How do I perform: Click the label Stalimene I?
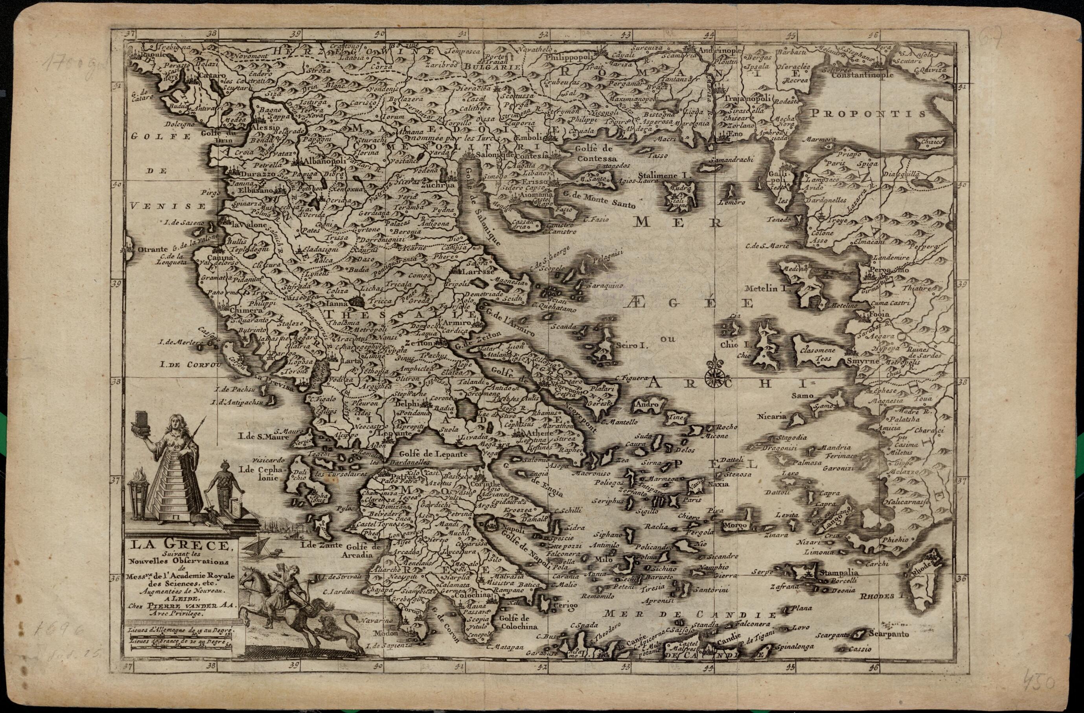point(665,175)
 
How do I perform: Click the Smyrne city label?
point(862,361)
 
